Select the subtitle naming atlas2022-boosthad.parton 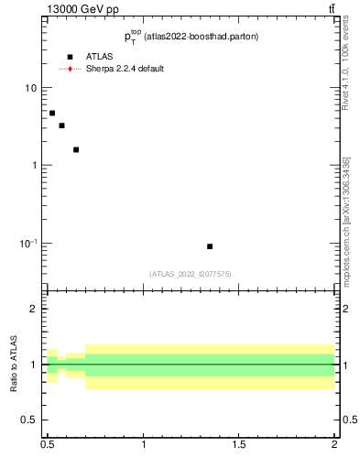pyautogui.click(x=191, y=38)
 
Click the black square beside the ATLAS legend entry pyautogui.click(x=70, y=57)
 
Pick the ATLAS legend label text pyautogui.click(x=99, y=57)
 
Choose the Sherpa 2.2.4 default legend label pyautogui.click(x=125, y=69)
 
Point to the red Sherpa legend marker pyautogui.click(x=70, y=69)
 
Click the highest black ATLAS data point pyautogui.click(x=52, y=113)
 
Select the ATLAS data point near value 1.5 pyautogui.click(x=76, y=149)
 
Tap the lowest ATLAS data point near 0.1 pyautogui.click(x=210, y=246)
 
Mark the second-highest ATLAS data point pyautogui.click(x=61, y=125)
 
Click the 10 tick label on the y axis pyautogui.click(x=31, y=88)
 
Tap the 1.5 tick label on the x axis pyautogui.click(x=239, y=445)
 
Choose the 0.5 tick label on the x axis pyautogui.click(x=47, y=445)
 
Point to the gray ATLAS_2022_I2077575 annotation pyautogui.click(x=191, y=274)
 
